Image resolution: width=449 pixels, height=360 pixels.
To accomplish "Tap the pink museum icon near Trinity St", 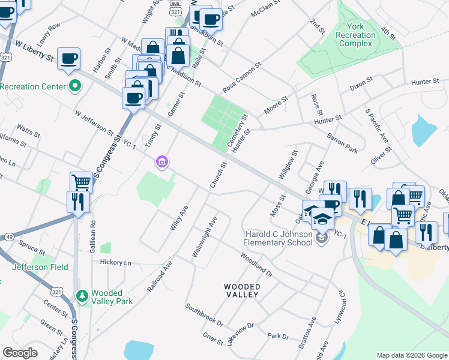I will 161,162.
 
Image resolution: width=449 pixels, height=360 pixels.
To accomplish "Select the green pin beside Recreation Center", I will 74,86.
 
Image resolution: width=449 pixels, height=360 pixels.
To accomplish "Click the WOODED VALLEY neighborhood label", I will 242,291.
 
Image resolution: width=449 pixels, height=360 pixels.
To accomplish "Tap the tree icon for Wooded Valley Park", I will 83,296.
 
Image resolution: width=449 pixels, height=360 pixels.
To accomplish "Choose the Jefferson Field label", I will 40,267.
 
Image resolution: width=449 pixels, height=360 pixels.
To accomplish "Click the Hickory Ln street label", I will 115,263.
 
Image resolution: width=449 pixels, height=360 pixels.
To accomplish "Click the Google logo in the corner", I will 20,353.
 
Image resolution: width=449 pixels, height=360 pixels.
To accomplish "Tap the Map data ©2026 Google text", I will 411,355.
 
